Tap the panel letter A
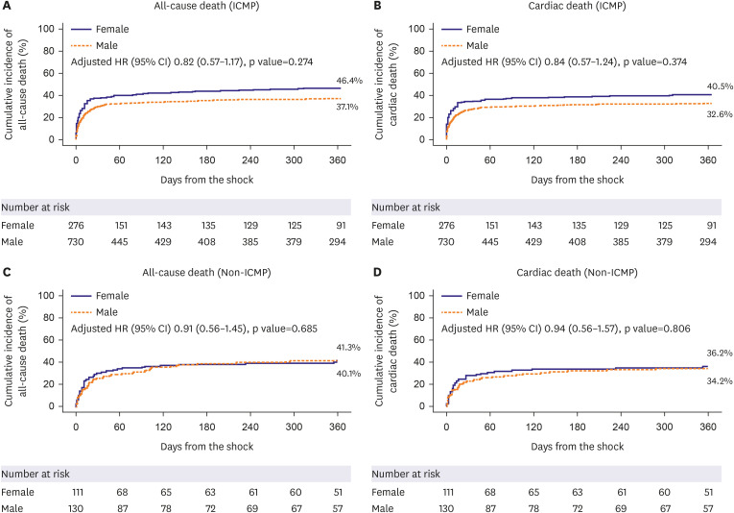pyautogui.click(x=7, y=8)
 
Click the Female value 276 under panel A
pyautogui.click(x=76, y=225)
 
